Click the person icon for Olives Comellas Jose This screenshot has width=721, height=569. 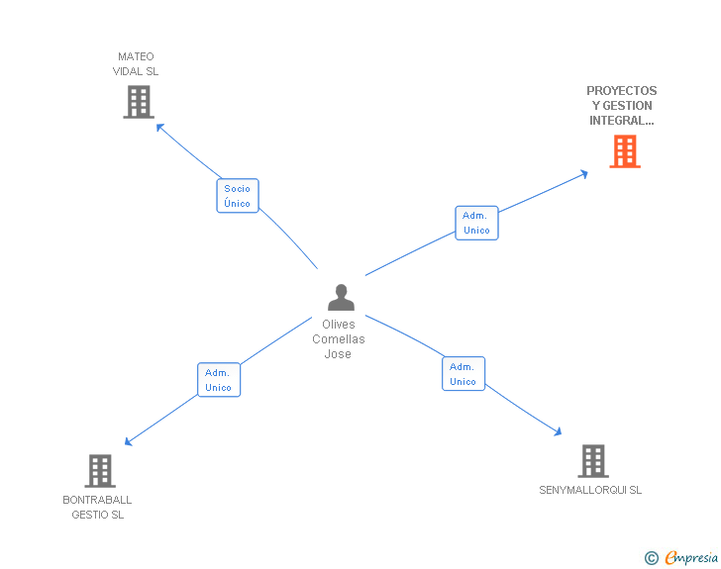(x=341, y=298)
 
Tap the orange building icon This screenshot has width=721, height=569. (x=625, y=151)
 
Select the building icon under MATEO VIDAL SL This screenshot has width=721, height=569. (x=139, y=102)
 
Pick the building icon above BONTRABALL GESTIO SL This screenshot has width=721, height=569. (x=100, y=471)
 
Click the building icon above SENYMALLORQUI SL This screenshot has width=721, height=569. (x=593, y=461)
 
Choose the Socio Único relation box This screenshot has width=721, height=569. (x=238, y=196)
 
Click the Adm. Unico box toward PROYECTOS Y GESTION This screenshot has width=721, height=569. (x=476, y=223)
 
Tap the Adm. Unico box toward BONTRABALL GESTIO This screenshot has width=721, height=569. (x=219, y=380)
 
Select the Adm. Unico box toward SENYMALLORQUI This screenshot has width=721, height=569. (x=463, y=374)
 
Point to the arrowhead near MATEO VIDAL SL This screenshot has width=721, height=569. (x=159, y=127)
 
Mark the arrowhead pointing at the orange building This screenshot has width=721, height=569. (x=584, y=174)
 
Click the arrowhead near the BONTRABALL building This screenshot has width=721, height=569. (x=128, y=442)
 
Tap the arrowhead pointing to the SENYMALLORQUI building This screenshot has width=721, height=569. (x=559, y=431)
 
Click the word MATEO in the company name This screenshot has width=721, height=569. (x=136, y=56)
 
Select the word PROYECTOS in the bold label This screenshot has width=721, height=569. (x=622, y=90)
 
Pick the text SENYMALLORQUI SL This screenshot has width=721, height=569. (x=590, y=490)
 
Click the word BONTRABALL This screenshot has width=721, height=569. (x=97, y=500)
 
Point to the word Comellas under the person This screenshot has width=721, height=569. (x=339, y=339)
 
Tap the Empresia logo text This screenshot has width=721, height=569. (x=691, y=558)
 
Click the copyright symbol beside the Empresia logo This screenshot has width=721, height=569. (x=652, y=558)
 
